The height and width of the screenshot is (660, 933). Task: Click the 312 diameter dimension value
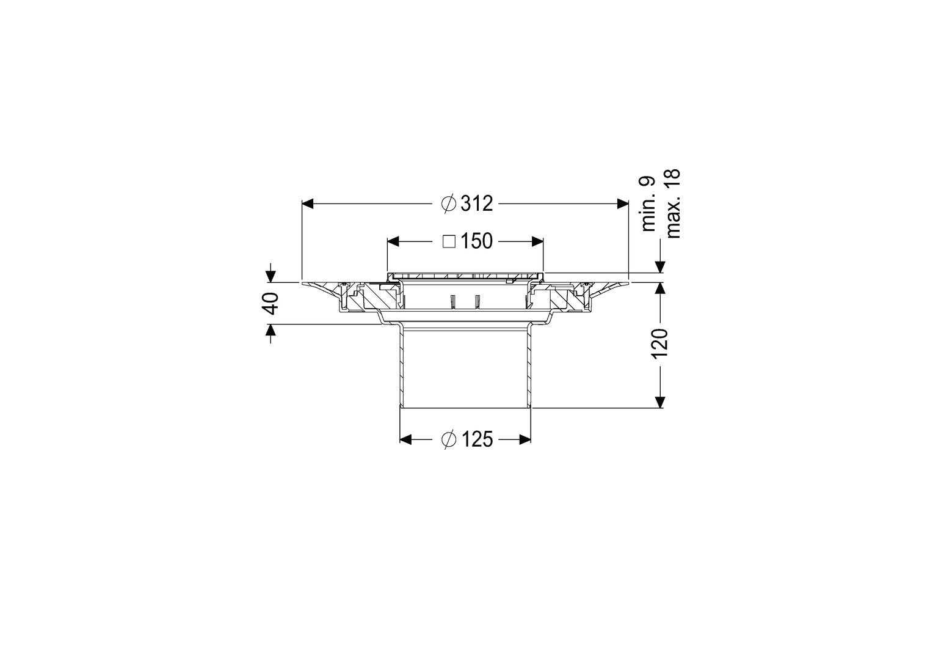click(x=476, y=204)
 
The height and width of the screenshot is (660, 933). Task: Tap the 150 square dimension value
click(x=476, y=241)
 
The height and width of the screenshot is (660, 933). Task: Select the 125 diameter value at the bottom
click(x=476, y=439)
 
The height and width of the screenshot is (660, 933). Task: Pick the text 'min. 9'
click(x=648, y=204)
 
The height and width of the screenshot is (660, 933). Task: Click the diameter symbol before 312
click(x=449, y=204)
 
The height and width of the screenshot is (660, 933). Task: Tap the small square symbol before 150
click(x=449, y=241)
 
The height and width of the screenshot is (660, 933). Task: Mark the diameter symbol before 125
click(x=449, y=439)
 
